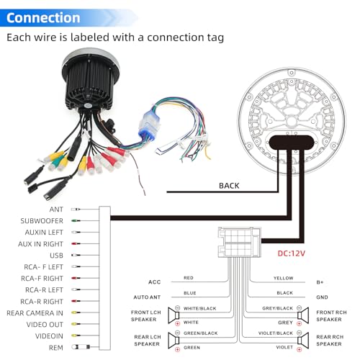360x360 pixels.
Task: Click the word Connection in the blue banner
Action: pyautogui.click(x=43, y=18)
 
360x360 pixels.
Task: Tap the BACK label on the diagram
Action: pyautogui.click(x=229, y=186)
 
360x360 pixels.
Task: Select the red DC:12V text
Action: pyautogui.click(x=292, y=253)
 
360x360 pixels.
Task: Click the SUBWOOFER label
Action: pyautogui.click(x=42, y=221)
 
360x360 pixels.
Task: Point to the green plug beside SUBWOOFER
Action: pyautogui.click(x=76, y=220)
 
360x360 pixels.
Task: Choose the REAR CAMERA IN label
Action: pyautogui.click(x=35, y=313)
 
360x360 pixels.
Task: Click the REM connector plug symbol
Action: pyautogui.click(x=81, y=347)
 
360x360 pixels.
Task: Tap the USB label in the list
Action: pyautogui.click(x=56, y=256)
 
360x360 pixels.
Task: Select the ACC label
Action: pyautogui.click(x=154, y=282)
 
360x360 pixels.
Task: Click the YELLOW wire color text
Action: pyautogui.click(x=284, y=278)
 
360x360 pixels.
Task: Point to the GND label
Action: pyautogui.click(x=322, y=297)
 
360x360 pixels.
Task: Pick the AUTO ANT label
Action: pyautogui.click(x=147, y=297)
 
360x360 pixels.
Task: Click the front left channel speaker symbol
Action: pyautogui.click(x=174, y=315)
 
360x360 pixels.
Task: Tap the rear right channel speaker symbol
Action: pyautogui.click(x=303, y=340)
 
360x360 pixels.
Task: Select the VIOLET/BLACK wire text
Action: pyautogui.click(x=276, y=333)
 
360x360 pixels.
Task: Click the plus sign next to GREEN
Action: pyautogui.click(x=178, y=349)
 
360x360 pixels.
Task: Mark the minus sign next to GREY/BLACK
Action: pyautogui.click(x=299, y=308)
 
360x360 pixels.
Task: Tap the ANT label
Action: pyautogui.click(x=56, y=210)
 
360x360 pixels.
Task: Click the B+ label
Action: pyautogui.click(x=320, y=282)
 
